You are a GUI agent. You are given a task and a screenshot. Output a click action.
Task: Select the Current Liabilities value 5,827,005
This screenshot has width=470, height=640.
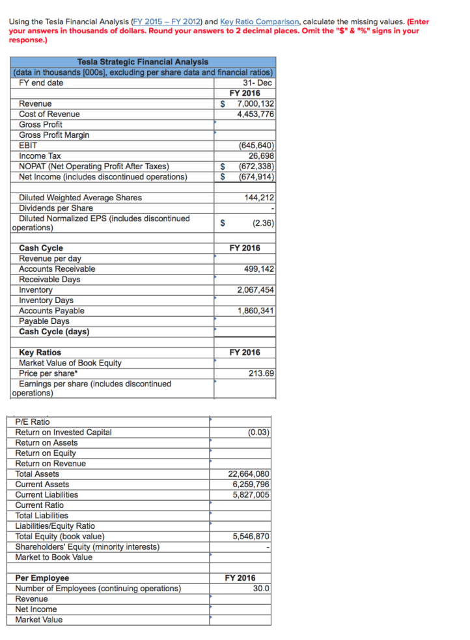(251, 494)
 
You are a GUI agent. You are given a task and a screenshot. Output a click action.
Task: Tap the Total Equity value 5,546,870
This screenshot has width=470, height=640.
(251, 536)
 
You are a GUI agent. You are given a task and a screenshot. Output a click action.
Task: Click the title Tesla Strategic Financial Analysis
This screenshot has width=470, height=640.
(143, 62)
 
